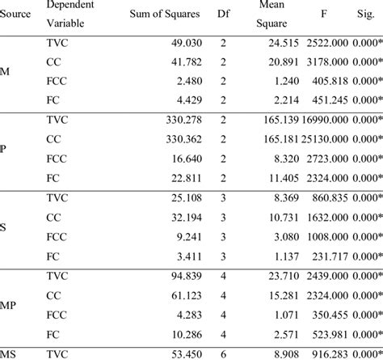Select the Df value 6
pyautogui.click(x=223, y=353)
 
